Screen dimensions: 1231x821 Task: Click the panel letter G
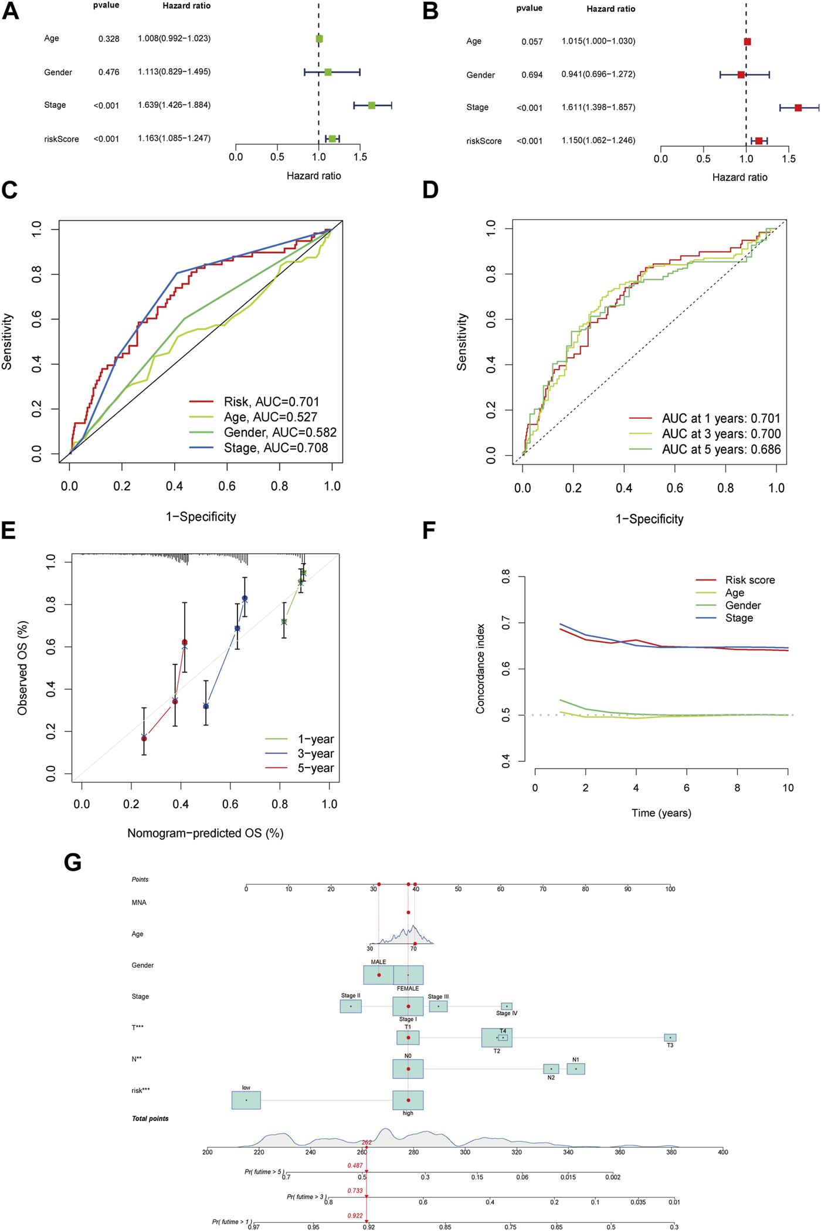[73, 863]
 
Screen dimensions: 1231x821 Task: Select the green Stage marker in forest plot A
[372, 106]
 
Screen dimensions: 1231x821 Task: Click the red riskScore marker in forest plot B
[759, 141]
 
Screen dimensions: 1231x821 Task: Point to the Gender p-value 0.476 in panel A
[108, 72]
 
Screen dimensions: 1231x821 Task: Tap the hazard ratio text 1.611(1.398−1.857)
[598, 107]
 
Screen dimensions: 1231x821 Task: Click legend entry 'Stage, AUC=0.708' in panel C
[276, 448]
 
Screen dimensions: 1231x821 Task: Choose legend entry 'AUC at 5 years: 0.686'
[721, 450]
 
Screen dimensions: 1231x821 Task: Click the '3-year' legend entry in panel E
[315, 754]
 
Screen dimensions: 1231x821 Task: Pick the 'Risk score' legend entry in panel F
[749, 580]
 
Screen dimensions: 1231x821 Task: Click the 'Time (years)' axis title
[661, 813]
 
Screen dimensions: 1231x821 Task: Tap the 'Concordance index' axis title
[481, 668]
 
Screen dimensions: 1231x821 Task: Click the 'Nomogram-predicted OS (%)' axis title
[205, 833]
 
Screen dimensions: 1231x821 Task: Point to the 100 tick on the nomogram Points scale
[670, 889]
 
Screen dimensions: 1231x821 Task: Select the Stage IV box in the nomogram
[507, 1006]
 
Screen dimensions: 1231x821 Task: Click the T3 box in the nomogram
[670, 1037]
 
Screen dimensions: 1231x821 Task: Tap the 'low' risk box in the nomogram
[246, 1100]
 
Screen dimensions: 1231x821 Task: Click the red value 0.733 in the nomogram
[355, 1191]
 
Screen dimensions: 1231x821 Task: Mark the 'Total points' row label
[150, 1118]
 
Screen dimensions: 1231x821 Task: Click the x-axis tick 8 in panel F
[737, 788]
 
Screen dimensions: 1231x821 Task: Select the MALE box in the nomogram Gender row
[378, 975]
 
